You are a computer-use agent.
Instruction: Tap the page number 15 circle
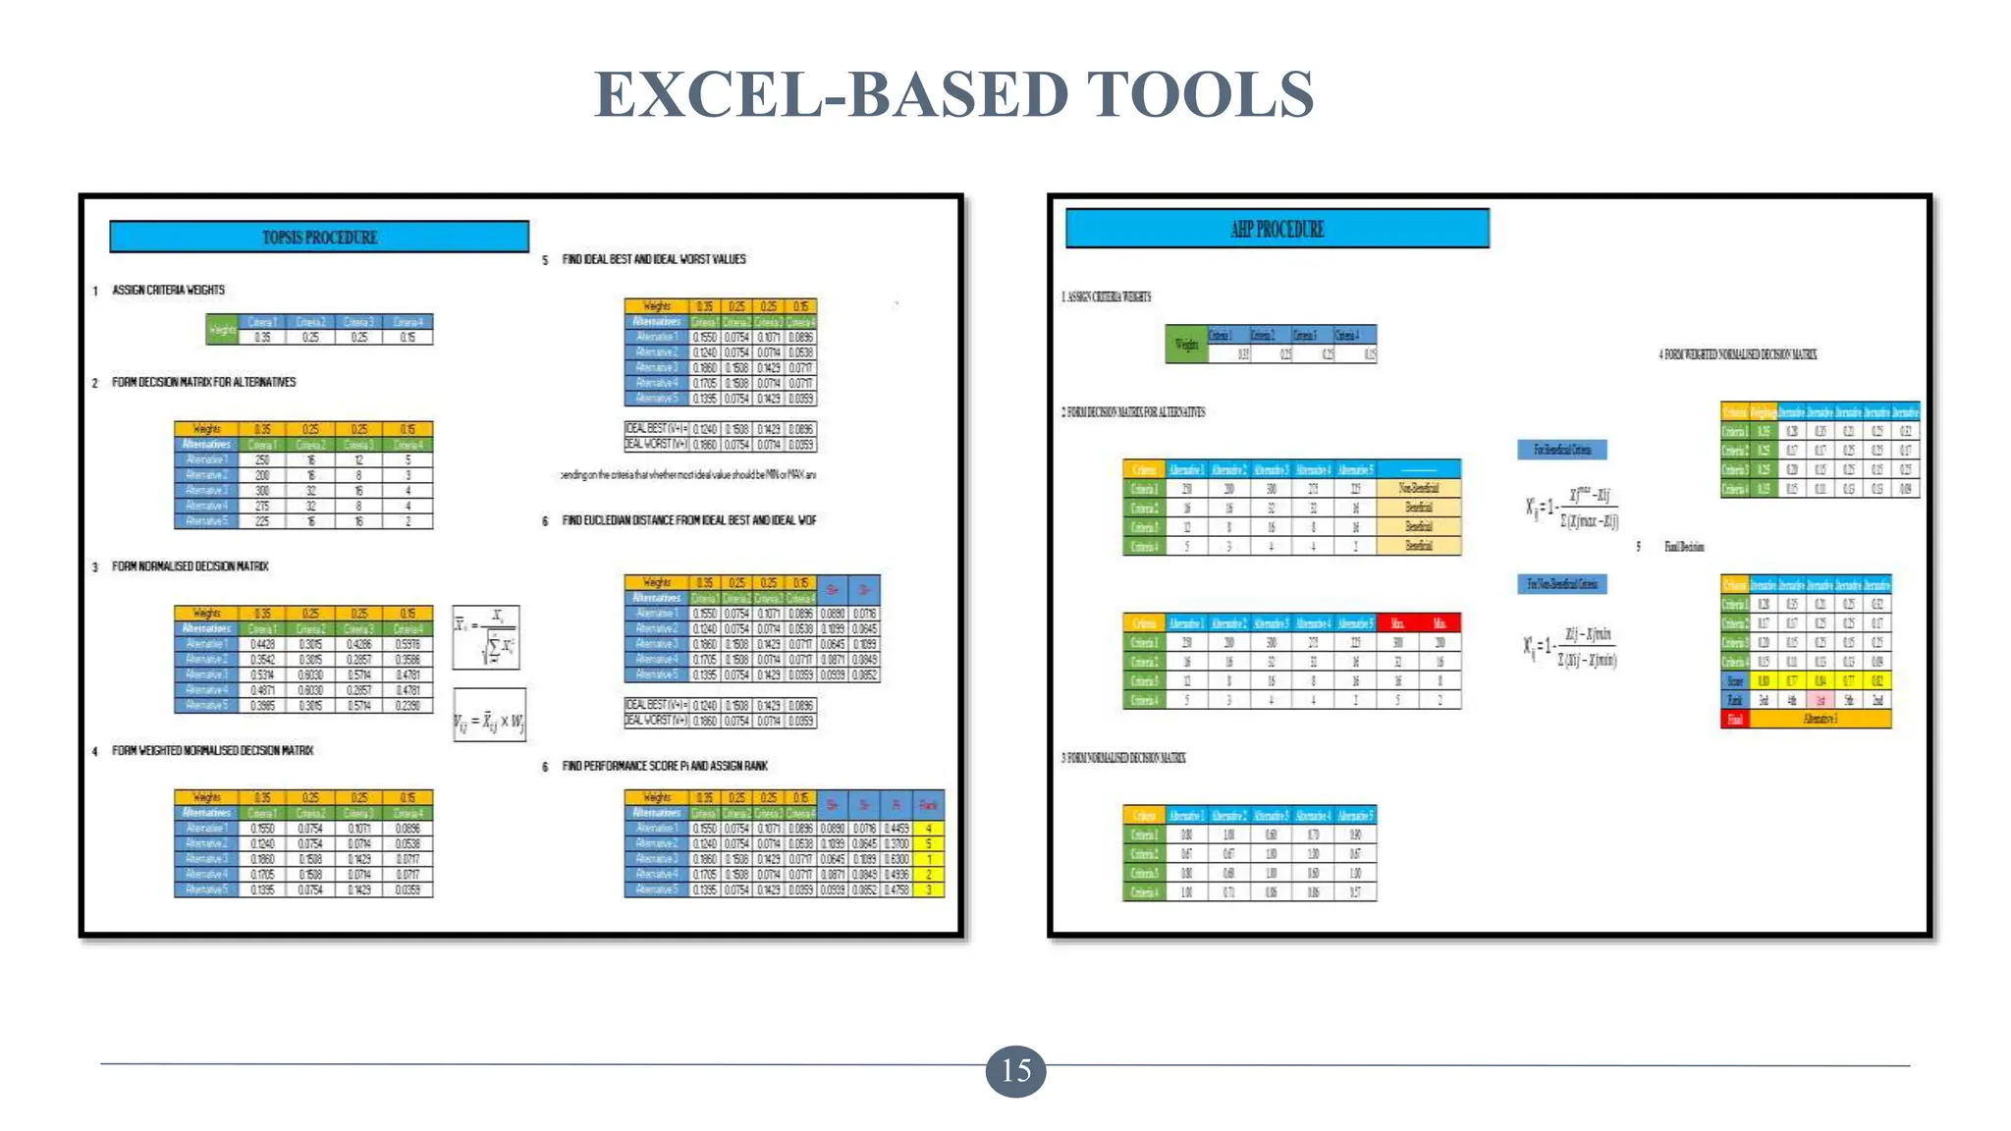(1015, 1070)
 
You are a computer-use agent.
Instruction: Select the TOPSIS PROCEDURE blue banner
(319, 237)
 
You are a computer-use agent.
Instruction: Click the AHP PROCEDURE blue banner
(1277, 229)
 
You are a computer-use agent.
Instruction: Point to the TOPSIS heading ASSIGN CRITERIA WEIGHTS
(168, 290)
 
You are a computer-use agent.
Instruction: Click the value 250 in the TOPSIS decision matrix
(262, 459)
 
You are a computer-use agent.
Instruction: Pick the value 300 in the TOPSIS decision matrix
(262, 490)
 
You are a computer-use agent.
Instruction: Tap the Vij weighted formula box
(489, 723)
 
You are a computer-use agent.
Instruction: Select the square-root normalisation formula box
(486, 637)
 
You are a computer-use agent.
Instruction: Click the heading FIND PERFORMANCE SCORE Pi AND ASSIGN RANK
(664, 766)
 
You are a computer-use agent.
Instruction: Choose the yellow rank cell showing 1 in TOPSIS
(929, 859)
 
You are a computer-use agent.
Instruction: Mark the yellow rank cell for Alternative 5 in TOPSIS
(929, 889)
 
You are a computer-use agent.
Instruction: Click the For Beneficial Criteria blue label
(1562, 450)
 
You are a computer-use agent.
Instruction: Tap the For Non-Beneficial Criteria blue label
(1562, 584)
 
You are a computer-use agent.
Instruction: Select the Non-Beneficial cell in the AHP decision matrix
(1418, 488)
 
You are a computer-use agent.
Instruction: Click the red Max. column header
(1397, 623)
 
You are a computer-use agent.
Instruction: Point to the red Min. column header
(1440, 623)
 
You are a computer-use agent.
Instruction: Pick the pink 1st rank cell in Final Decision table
(1820, 700)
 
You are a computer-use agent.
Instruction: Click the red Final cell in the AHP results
(1735, 719)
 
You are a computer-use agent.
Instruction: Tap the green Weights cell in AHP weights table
(1186, 345)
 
